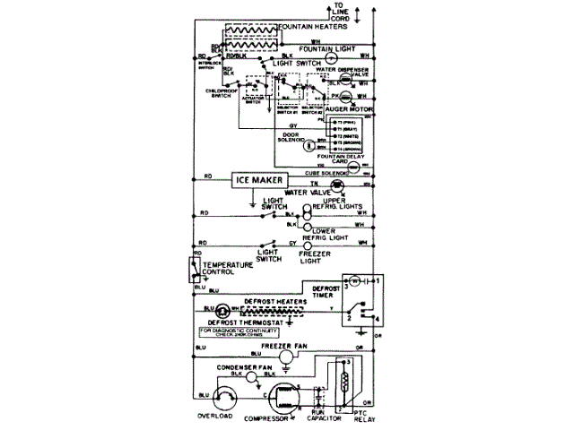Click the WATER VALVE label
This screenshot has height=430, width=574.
[309, 192]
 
